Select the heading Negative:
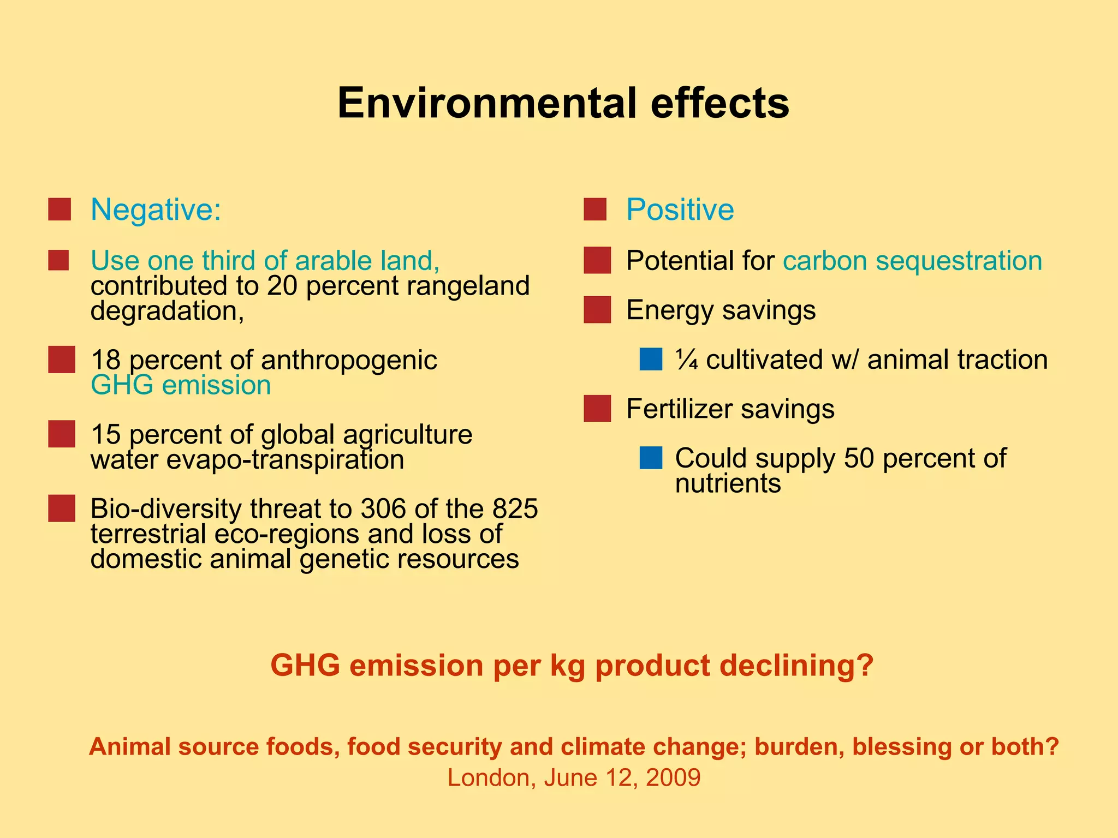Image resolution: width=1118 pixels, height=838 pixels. [156, 209]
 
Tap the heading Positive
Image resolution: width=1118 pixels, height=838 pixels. [680, 209]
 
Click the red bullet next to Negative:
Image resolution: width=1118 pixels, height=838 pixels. [60, 209]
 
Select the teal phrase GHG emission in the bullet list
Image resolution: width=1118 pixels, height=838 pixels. [181, 385]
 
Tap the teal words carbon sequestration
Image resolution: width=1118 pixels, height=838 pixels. [912, 261]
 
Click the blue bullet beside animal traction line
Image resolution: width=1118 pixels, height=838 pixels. [651, 360]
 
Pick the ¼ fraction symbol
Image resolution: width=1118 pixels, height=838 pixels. [686, 360]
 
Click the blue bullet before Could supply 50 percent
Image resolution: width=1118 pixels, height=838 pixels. [651, 458]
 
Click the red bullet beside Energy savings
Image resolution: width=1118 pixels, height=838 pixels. [597, 310]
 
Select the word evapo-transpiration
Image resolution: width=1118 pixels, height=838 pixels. [285, 460]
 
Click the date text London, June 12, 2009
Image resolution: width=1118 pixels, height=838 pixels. [574, 777]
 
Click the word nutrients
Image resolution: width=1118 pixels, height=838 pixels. [728, 483]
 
